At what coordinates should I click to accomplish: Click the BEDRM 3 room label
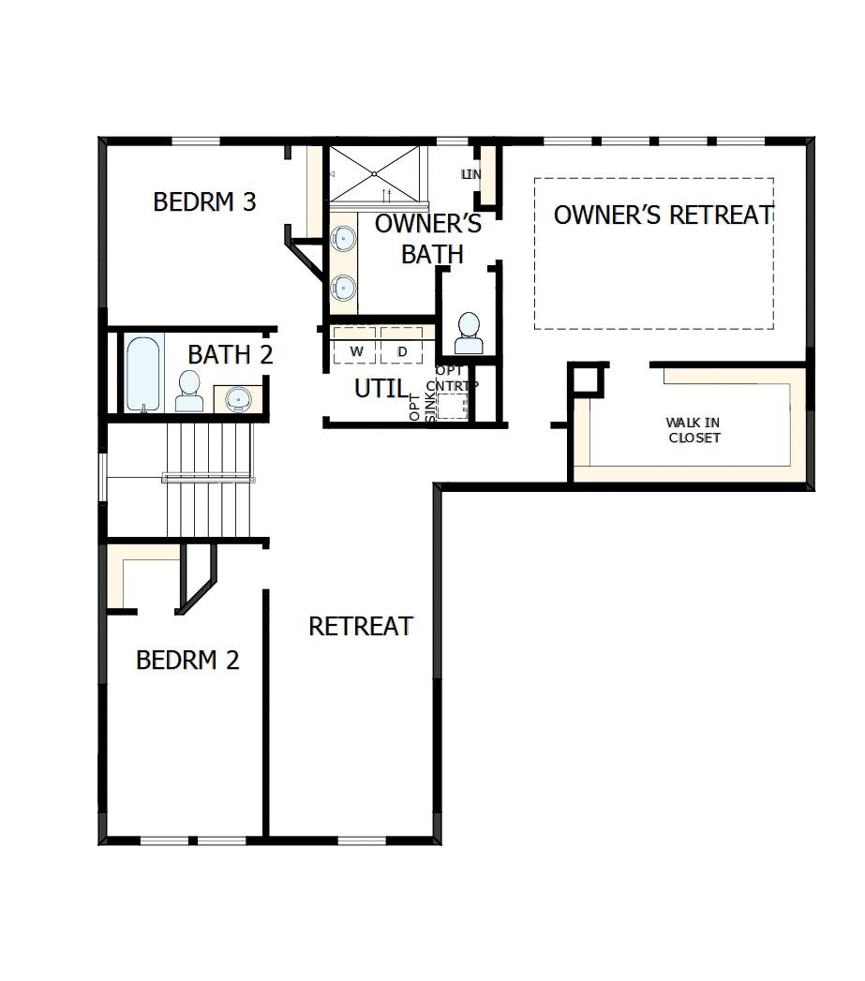click(204, 201)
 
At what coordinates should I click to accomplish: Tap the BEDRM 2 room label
click(187, 660)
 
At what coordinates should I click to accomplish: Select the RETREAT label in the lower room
click(361, 626)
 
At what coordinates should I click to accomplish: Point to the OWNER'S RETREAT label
click(664, 215)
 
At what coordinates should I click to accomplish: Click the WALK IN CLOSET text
click(693, 431)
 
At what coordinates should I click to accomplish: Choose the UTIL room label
click(381, 388)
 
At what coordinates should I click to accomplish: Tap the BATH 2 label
click(231, 355)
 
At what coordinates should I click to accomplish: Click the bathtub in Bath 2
click(144, 372)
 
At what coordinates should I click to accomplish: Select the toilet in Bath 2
click(189, 391)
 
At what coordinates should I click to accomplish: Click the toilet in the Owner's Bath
click(468, 334)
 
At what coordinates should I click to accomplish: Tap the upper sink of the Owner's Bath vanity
click(344, 240)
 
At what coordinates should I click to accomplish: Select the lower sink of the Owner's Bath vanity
click(344, 286)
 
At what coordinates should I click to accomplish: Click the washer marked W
click(356, 351)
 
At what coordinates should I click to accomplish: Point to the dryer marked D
click(402, 351)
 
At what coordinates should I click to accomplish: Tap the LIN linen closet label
click(470, 174)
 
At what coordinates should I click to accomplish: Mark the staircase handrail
click(208, 478)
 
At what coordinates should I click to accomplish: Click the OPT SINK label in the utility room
click(417, 407)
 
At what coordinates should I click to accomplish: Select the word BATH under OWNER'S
click(432, 253)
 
